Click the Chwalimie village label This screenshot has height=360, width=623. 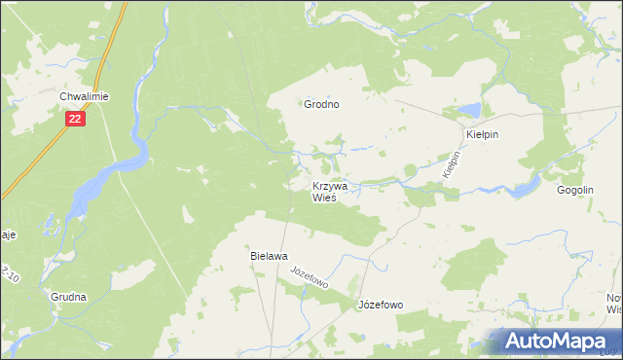83,96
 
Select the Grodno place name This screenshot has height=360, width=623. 321,104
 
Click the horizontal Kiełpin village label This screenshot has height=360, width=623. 482,134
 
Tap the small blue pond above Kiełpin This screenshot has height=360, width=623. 471,109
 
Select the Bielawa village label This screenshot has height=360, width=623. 269,256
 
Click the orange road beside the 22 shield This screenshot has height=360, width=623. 44,146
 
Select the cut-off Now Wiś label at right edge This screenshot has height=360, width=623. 613,304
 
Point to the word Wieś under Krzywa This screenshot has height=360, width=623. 324,198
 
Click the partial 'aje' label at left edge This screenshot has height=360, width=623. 7,234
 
